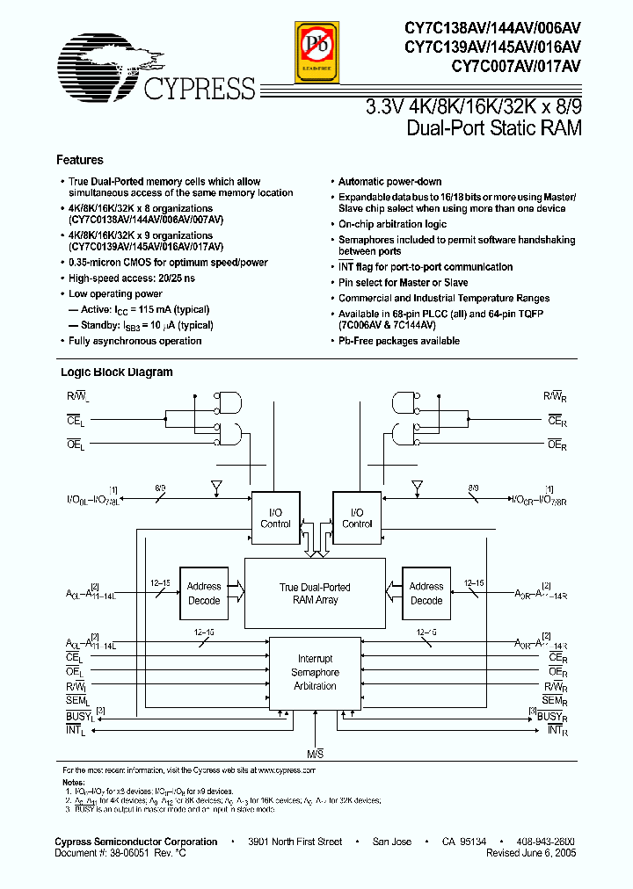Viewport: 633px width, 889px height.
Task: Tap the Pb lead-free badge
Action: click(314, 51)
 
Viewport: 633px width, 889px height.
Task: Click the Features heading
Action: click(79, 161)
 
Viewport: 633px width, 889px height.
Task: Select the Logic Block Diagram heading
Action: click(115, 372)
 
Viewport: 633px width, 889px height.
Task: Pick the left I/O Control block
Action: click(275, 518)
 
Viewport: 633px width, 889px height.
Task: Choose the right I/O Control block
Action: click(356, 518)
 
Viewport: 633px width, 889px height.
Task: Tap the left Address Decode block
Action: click(204, 593)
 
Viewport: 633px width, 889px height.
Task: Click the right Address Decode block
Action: click(426, 593)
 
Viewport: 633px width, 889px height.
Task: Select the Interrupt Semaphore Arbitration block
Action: click(315, 672)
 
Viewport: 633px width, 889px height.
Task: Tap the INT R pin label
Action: click(554, 729)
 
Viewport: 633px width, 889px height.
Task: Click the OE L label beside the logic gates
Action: click(77, 445)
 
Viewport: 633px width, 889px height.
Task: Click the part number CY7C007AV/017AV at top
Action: click(515, 65)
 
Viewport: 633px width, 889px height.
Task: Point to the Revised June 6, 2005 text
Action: click(530, 852)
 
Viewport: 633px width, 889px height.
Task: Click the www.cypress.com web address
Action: click(287, 770)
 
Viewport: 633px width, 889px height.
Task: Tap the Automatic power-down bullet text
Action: click(389, 182)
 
